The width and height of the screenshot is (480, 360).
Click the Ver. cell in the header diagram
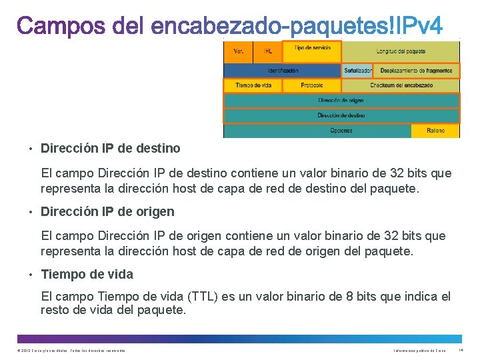pyautogui.click(x=238, y=51)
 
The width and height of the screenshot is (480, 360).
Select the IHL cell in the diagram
pyautogui.click(x=268, y=51)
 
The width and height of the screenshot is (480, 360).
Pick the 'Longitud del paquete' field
pyautogui.click(x=400, y=51)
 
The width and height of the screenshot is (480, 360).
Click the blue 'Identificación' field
pyautogui.click(x=283, y=70)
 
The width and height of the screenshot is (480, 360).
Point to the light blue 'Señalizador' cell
pyautogui.click(x=358, y=70)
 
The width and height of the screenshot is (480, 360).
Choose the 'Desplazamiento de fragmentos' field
pyautogui.click(x=417, y=70)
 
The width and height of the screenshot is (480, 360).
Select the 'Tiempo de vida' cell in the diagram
pyautogui.click(x=253, y=85)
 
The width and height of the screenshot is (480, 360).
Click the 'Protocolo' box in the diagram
pyautogui.click(x=312, y=85)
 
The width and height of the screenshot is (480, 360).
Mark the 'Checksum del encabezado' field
pyautogui.click(x=401, y=85)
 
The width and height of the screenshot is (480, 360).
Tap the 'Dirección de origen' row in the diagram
pyautogui.click(x=341, y=100)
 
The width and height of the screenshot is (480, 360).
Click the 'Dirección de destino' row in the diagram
pyautogui.click(x=341, y=115)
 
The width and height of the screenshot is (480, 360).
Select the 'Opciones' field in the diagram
pyautogui.click(x=341, y=131)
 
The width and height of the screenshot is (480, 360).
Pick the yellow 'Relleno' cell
pyautogui.click(x=436, y=131)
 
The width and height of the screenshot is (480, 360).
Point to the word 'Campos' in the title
pyautogui.click(x=59, y=27)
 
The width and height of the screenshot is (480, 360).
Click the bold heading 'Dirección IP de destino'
pyautogui.click(x=111, y=148)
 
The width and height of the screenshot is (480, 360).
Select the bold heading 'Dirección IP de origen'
pyautogui.click(x=108, y=211)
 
